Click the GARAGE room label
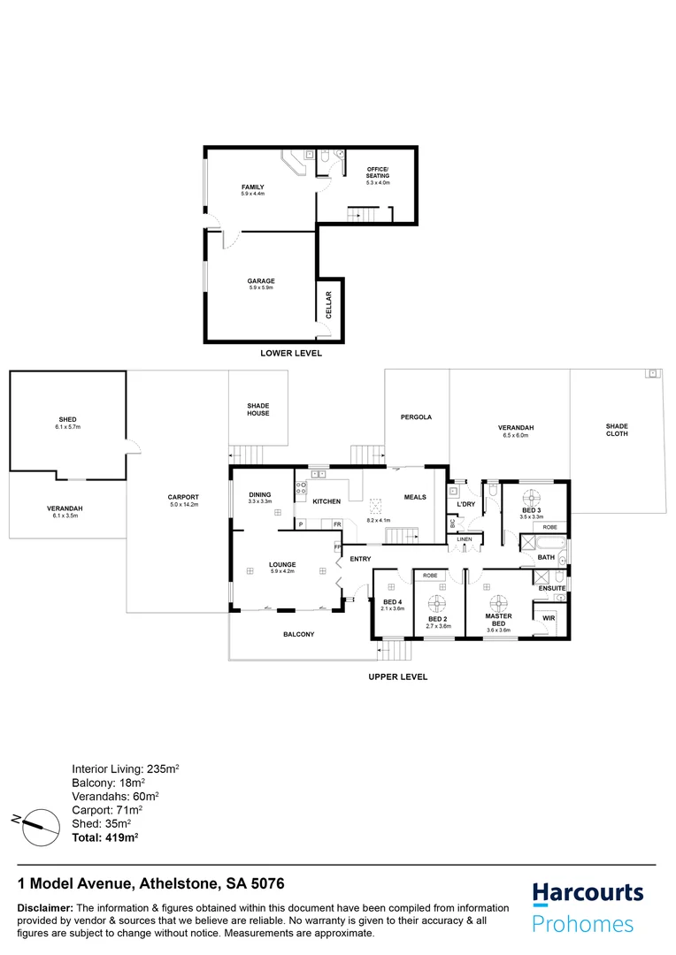tap(261, 281)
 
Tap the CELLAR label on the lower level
tap(327, 304)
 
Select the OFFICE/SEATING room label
tap(378, 172)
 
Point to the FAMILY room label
tap(254, 187)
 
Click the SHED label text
tap(68, 418)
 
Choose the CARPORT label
tap(183, 497)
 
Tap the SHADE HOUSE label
tap(258, 409)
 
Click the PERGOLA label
tap(416, 416)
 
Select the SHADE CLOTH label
tap(617, 430)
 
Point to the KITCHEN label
tap(326, 501)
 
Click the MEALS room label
tap(415, 497)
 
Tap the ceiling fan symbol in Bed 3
tap(531, 496)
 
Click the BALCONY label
tap(299, 634)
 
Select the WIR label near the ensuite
tap(549, 617)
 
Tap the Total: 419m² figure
tap(104, 836)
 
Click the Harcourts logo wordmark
tap(588, 894)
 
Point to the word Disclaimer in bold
tap(45, 908)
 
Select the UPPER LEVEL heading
tap(397, 676)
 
